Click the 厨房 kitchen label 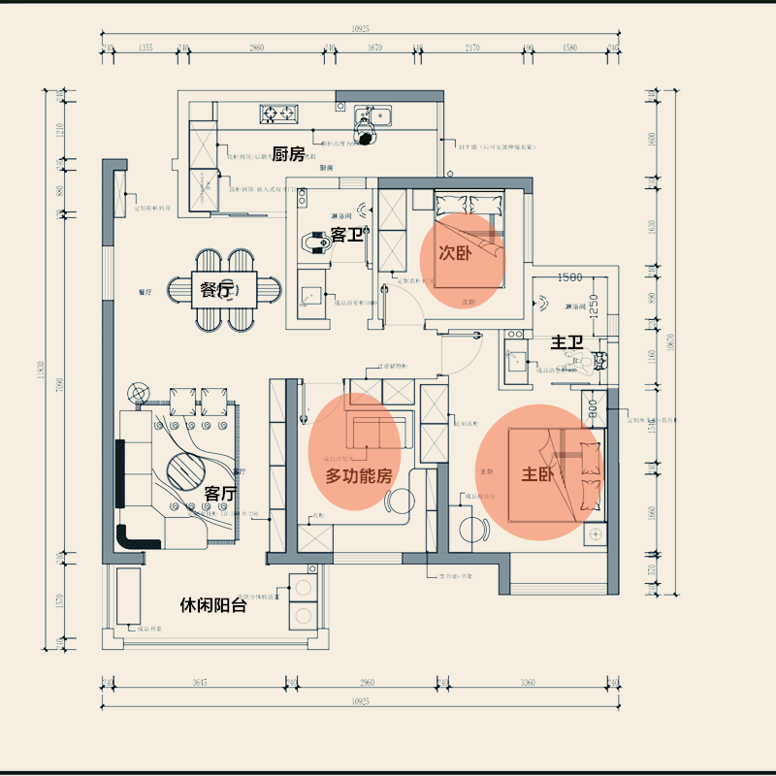tap(289, 154)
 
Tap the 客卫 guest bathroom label tap(347, 235)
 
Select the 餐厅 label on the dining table tap(217, 289)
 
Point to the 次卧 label tap(455, 253)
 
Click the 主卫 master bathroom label tap(566, 342)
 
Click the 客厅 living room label tap(220, 494)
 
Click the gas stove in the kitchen tap(279, 113)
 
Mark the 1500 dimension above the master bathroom tap(570, 278)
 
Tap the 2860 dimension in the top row tap(256, 47)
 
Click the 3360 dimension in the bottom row tap(527, 684)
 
